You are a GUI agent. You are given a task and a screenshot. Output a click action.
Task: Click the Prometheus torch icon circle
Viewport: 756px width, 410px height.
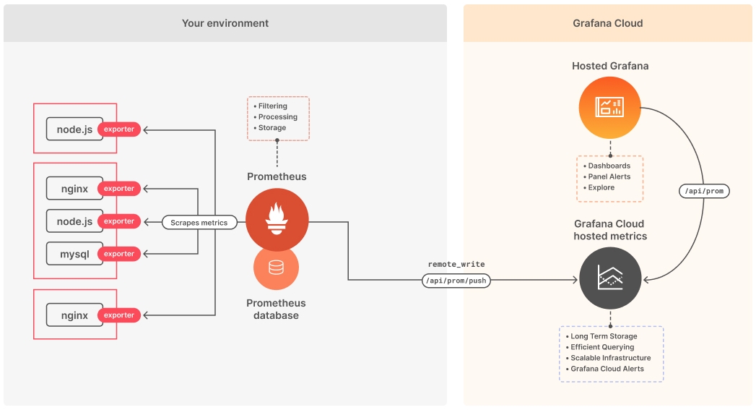(277, 220)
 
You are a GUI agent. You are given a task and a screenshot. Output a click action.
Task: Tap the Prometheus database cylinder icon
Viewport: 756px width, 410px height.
(276, 268)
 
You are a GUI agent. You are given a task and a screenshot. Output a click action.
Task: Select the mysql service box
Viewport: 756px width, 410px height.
(74, 254)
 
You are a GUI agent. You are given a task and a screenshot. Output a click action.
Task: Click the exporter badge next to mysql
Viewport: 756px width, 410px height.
(119, 254)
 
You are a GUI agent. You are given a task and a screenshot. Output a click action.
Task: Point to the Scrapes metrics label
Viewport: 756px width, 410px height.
(199, 223)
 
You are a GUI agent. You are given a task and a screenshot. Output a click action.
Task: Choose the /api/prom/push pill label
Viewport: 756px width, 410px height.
(456, 281)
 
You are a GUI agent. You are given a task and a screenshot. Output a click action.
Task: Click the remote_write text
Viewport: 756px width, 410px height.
(456, 265)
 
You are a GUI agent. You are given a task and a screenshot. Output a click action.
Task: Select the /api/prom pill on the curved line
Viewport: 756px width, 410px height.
(705, 191)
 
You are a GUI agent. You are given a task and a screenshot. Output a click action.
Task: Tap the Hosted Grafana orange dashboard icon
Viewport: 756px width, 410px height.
(609, 108)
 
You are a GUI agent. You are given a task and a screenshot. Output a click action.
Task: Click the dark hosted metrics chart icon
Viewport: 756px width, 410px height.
(610, 277)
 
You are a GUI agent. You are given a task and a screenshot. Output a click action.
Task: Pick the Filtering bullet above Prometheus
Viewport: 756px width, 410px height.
(272, 106)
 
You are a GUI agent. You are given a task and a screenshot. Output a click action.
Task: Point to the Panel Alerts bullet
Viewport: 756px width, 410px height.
(609, 176)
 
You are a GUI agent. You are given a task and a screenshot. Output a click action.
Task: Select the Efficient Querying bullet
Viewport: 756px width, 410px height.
(601, 347)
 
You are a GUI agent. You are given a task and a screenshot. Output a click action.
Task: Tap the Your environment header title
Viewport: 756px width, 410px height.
(225, 23)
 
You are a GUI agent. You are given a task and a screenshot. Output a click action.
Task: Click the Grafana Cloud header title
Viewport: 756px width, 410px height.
(607, 23)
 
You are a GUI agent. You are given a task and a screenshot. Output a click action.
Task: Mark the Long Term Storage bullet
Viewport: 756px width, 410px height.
(603, 336)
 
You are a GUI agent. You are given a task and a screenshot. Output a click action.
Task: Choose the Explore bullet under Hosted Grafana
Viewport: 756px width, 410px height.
(601, 187)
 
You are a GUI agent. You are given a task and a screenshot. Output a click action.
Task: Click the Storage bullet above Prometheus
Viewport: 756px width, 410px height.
(271, 128)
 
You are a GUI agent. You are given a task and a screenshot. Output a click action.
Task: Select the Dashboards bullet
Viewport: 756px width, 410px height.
(609, 166)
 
